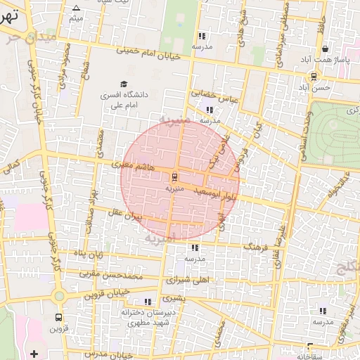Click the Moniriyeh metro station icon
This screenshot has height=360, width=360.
pos(174,177)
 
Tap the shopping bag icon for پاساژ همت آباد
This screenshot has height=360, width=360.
pos(325,49)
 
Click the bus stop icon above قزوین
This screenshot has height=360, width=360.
pos(58,316)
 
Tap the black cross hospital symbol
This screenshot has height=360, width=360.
pos(34,353)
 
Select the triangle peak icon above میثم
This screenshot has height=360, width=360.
pos(76,8)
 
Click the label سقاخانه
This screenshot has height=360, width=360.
pos(310,356)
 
